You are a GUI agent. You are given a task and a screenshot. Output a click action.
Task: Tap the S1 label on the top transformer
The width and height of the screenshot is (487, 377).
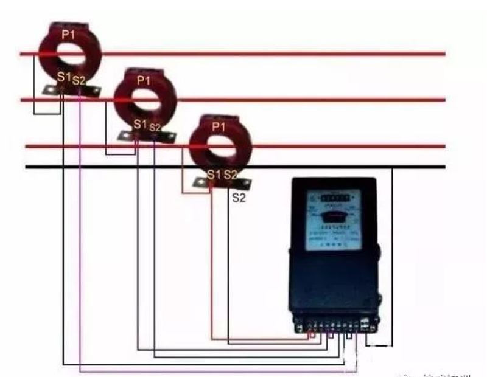click(64, 77)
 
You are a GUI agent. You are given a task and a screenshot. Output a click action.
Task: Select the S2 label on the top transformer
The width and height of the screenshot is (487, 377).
click(80, 79)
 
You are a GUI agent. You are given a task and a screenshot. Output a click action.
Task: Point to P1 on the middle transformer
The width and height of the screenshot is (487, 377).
click(144, 80)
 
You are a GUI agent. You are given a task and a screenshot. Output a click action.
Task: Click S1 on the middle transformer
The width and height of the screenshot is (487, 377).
click(141, 125)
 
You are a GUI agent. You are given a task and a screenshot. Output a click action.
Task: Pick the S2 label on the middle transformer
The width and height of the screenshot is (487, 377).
click(155, 127)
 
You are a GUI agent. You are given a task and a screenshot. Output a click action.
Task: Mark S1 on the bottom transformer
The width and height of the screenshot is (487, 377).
click(214, 175)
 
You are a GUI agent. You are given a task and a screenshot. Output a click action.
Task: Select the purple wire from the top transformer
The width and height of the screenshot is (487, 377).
click(80, 243)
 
